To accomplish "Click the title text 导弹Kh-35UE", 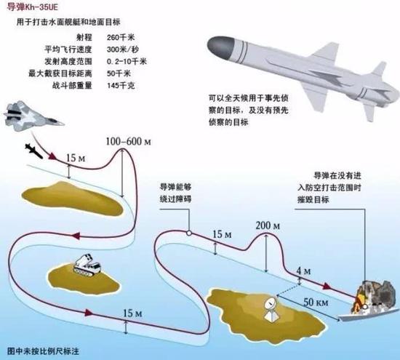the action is tap(33, 7).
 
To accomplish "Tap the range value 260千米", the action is tap(121, 38).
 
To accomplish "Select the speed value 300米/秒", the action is tap(123, 49).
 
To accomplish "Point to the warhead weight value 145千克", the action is tap(121, 86).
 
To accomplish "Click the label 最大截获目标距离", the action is tap(60, 73).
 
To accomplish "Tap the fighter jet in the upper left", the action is tap(33, 116).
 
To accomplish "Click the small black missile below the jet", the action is tap(34, 151).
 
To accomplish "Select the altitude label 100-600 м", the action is tap(128, 141).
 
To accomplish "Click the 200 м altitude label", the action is tap(268, 225).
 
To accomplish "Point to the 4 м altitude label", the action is tap(303, 271).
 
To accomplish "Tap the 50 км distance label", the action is tap(316, 302).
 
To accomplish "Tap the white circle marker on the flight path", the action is tap(189, 233).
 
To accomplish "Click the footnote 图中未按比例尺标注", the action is tap(43, 351).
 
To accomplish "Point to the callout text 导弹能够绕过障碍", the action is tap(175, 193).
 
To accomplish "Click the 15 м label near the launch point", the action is tap(76, 159).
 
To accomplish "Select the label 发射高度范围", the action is tap(68, 62).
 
